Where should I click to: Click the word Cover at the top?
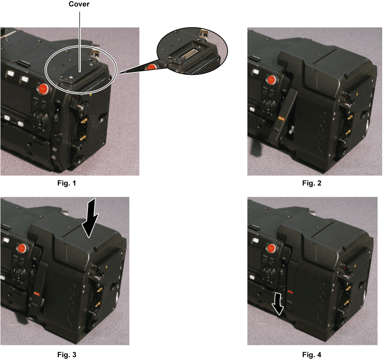[x=79, y=4]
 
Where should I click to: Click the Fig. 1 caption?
[x=67, y=183]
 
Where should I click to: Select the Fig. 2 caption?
[x=312, y=183]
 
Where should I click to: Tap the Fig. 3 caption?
[x=67, y=355]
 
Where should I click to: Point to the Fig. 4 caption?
[x=312, y=355]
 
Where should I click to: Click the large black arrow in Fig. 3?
[x=90, y=218]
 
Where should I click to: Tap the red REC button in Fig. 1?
[x=43, y=89]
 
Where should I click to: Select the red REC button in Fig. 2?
[x=271, y=79]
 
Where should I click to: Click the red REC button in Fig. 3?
[x=22, y=248]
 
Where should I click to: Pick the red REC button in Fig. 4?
[x=271, y=248]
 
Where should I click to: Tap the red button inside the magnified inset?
[x=152, y=67]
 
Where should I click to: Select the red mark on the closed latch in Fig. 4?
[x=290, y=292]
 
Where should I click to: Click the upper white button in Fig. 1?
[x=10, y=73]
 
